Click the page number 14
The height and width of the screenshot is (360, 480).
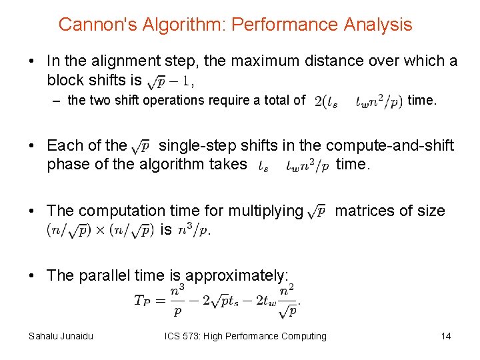(x=445, y=336)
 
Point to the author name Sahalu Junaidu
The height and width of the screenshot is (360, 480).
(x=61, y=336)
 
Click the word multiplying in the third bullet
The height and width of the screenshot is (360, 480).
(x=265, y=211)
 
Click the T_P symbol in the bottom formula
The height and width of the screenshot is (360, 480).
(x=143, y=300)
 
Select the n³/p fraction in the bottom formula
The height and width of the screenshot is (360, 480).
(x=177, y=300)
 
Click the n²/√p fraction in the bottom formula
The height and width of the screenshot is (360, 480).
(x=287, y=300)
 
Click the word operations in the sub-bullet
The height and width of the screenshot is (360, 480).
(x=175, y=101)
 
